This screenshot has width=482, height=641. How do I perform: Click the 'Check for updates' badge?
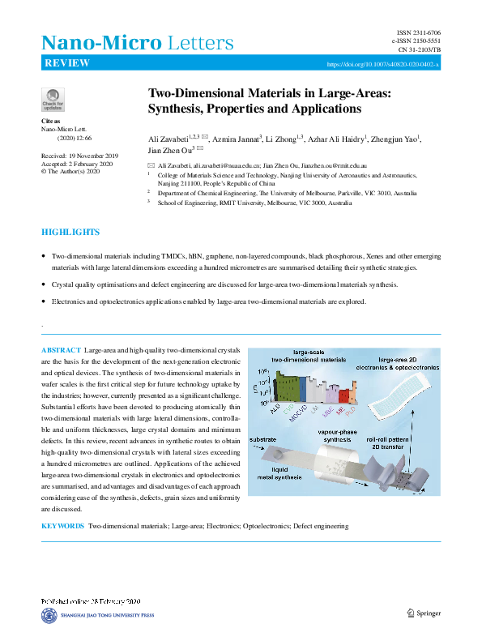point(53,99)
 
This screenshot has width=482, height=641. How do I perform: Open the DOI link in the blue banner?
point(383,64)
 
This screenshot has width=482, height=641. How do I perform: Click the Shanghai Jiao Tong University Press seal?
point(49,617)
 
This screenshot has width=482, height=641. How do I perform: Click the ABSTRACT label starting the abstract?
point(61,349)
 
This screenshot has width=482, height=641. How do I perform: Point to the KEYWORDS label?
point(62,526)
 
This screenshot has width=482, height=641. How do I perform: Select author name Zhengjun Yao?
point(395,139)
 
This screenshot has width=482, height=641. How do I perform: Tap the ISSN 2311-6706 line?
point(413,32)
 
